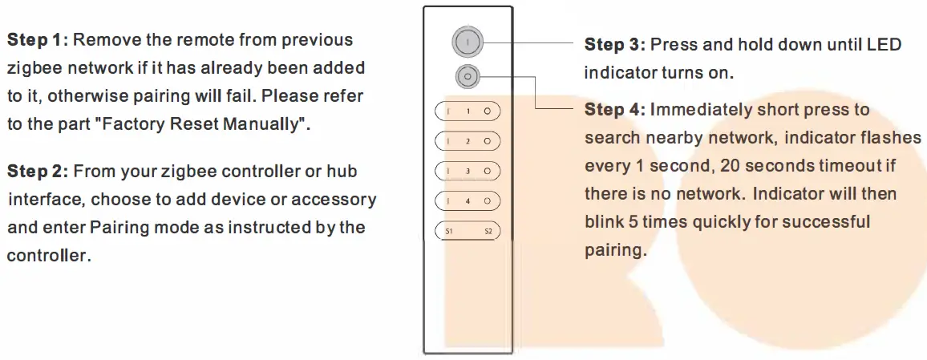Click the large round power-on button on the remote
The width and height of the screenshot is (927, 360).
467,41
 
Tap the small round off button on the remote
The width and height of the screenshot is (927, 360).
467,77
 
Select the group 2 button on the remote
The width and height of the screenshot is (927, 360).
468,141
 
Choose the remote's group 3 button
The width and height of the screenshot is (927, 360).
468,171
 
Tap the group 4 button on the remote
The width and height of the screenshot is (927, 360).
468,200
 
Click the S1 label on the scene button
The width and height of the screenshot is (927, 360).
448,232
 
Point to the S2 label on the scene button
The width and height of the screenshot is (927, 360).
488,232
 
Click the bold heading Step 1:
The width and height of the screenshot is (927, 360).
38,40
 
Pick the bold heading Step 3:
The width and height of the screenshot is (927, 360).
615,44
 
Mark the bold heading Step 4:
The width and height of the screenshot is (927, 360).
615,109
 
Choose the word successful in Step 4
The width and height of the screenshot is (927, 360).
830,221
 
